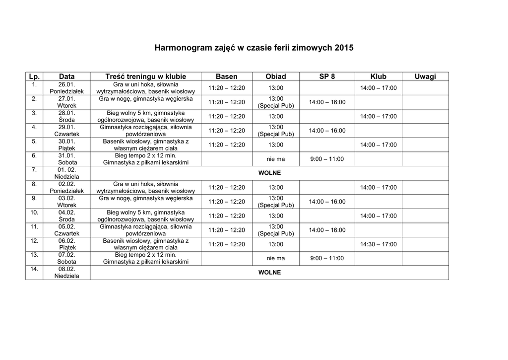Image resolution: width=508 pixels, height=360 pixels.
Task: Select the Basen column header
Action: click(226, 76)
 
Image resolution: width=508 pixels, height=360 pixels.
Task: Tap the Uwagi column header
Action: click(425, 76)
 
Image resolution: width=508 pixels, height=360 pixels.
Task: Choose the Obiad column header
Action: click(276, 76)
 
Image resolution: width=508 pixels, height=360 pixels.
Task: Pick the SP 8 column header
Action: click(327, 76)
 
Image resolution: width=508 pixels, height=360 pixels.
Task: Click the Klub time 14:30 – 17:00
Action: click(378, 244)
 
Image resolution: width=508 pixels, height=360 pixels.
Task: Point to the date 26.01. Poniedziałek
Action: click(66, 88)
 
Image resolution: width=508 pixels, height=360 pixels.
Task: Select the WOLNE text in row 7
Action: click(270, 173)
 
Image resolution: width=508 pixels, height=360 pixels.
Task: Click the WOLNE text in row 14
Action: click(270, 273)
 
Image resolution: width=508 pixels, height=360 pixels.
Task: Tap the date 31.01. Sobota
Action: click(66, 159)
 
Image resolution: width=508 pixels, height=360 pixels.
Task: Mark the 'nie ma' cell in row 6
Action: click(276, 159)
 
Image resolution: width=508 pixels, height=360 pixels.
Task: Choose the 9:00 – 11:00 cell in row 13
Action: click(327, 258)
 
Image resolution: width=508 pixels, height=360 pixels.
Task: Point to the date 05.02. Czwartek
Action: click(66, 230)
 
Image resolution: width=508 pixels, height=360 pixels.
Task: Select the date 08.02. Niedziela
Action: click(66, 273)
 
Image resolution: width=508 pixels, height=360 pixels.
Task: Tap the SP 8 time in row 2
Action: click(327, 102)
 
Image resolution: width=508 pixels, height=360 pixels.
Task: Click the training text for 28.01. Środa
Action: click(146, 116)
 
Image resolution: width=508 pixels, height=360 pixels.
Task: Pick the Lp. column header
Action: click(34, 76)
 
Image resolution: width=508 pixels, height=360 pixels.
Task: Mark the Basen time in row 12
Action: click(226, 244)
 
